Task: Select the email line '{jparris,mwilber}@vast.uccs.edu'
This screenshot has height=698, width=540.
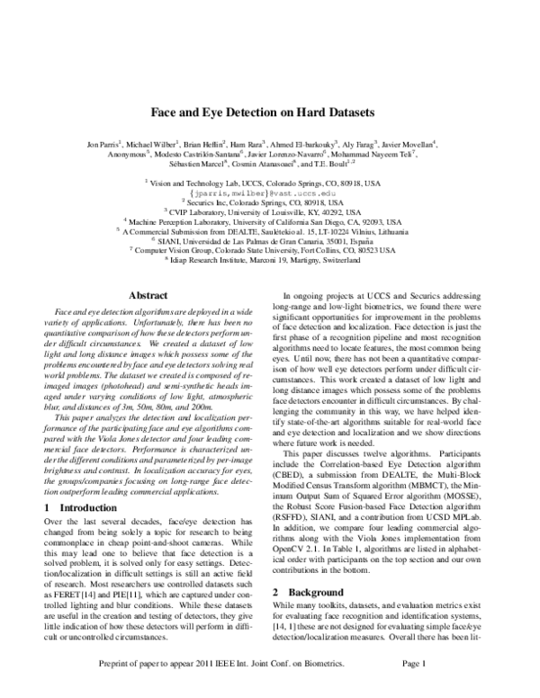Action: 269,192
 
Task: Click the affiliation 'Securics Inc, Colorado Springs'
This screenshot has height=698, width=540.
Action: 269,202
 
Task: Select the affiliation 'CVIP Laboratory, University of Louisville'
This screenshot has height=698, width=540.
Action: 269,212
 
